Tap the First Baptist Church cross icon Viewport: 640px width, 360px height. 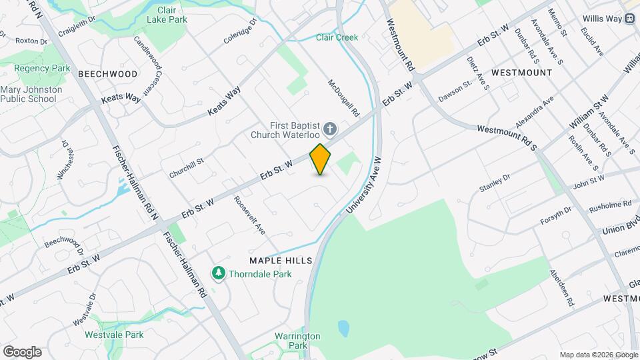(x=329, y=129)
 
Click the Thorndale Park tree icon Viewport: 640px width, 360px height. (x=218, y=273)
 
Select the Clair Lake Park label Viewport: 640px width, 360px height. (x=167, y=15)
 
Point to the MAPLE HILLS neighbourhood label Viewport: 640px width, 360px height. (x=281, y=260)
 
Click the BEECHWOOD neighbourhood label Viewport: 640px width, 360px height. (x=108, y=74)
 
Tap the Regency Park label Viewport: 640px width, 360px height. (x=43, y=69)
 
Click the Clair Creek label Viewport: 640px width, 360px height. (x=337, y=37)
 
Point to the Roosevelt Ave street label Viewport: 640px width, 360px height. (x=249, y=215)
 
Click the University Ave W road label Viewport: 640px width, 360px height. (x=363, y=185)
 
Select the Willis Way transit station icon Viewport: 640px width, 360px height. (x=629, y=19)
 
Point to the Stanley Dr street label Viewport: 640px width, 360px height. (x=495, y=183)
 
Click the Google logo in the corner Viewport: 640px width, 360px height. (x=22, y=351)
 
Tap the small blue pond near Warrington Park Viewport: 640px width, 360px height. (x=343, y=327)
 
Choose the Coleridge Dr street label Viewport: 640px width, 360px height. (x=240, y=31)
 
